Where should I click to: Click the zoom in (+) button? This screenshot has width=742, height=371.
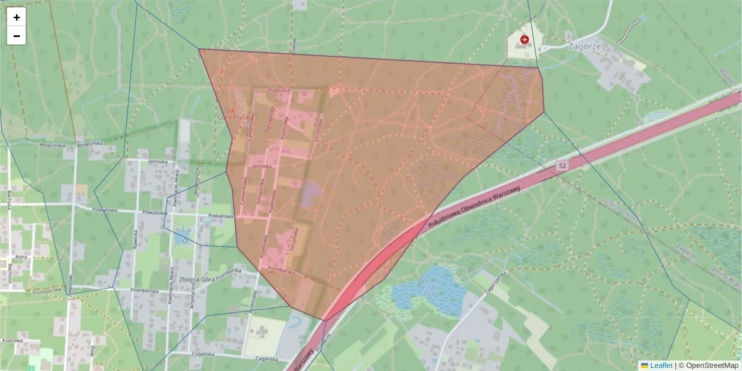coord(17,17)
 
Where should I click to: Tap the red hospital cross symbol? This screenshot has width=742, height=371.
coord(525,40)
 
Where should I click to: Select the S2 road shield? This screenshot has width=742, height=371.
coord(561,166)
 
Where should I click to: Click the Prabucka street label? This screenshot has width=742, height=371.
coord(279,90)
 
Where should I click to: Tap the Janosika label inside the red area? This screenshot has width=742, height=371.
coord(262,166)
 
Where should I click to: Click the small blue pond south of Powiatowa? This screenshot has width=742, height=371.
coord(182,237)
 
